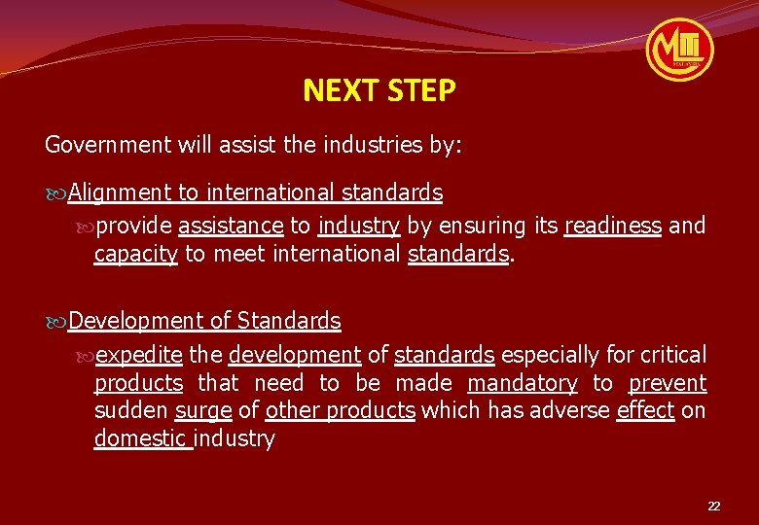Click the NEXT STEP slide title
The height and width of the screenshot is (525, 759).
pos(379,91)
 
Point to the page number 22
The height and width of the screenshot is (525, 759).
pos(714,507)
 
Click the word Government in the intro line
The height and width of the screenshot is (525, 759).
pos(108,146)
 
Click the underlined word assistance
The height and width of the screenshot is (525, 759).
pos(231,227)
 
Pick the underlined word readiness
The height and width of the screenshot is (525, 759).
pos(613,227)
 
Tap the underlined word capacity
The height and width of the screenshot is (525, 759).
pos(135,255)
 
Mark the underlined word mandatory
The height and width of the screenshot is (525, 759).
pos(522,383)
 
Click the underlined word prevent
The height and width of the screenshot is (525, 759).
pos(668,383)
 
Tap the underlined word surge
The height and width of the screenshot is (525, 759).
pos(203,410)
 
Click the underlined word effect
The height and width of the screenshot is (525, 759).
pos(645,410)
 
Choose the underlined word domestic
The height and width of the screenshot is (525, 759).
pos(142,438)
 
